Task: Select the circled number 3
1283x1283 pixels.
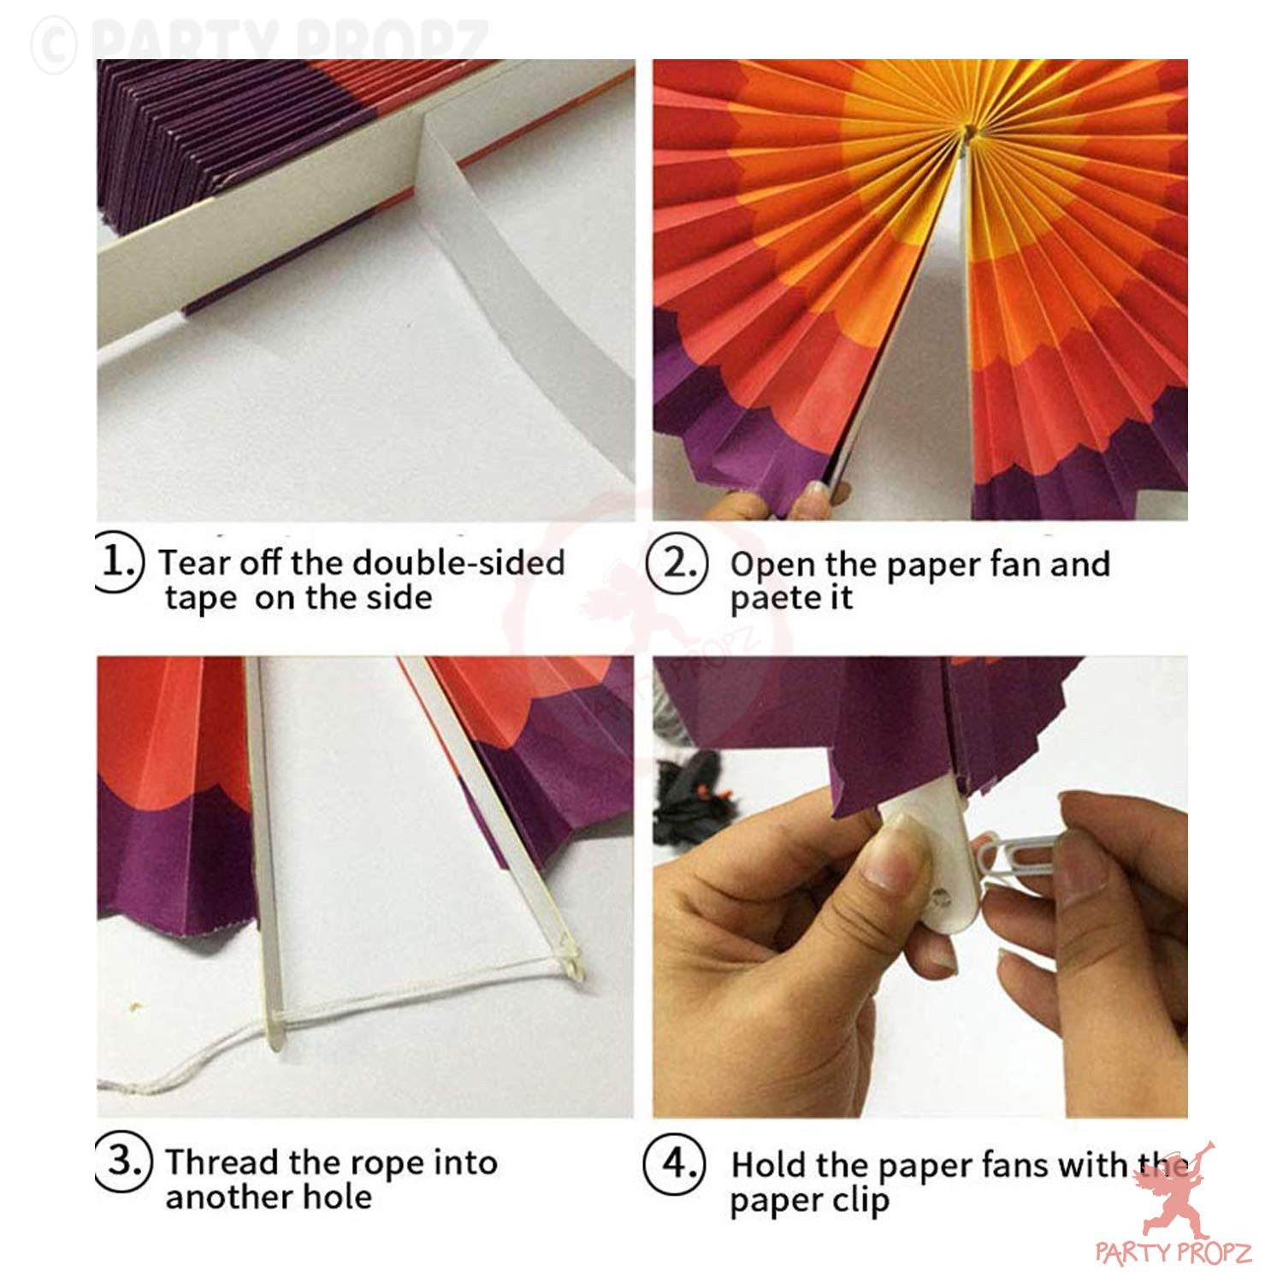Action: coord(124,1162)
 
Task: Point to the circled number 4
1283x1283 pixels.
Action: coord(676,1163)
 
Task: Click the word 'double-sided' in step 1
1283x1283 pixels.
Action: coord(458,562)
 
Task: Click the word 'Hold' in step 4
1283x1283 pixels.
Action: coord(768,1164)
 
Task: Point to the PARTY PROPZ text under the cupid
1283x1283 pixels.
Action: coord(1174,1253)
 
